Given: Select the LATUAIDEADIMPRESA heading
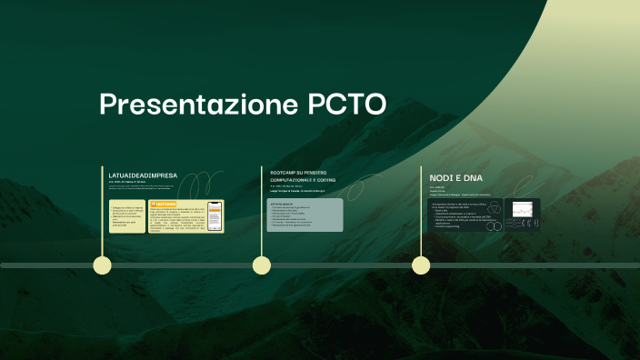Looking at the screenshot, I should (x=143, y=175).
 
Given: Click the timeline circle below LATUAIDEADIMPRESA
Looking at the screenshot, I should (x=103, y=265).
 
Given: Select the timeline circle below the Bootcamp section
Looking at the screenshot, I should (x=262, y=265).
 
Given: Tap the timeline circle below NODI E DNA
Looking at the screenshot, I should (x=421, y=265).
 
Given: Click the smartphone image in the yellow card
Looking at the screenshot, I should (x=215, y=215).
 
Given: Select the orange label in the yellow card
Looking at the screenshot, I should (x=164, y=204).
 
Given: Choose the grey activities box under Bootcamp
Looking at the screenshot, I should (x=305, y=215).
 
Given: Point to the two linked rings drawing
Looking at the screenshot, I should (x=494, y=225).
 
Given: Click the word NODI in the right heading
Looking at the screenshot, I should (x=441, y=176).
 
